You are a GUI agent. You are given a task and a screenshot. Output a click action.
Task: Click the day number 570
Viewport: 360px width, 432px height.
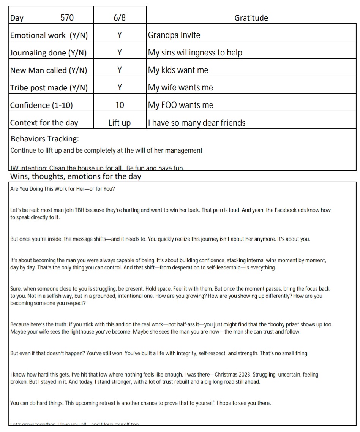pos(67,17)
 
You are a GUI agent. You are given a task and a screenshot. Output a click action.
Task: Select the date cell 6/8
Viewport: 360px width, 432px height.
pos(119,17)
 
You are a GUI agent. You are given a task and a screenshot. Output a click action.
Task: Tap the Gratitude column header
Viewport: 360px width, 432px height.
pos(251,17)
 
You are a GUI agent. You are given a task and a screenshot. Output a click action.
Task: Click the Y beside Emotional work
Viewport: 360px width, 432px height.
pos(119,35)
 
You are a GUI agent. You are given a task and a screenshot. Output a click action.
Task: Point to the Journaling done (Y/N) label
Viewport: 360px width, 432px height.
pos(48,53)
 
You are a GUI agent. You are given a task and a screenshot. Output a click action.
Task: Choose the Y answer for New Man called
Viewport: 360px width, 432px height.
pos(119,70)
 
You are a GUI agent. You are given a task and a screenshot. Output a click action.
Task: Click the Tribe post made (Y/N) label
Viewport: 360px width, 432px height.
pos(49,88)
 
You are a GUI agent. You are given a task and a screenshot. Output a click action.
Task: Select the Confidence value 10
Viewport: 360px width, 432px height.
pos(119,105)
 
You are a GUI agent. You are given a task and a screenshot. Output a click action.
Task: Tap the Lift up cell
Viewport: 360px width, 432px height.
pos(119,123)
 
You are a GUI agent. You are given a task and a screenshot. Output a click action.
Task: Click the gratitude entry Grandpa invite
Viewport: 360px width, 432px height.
pos(174,35)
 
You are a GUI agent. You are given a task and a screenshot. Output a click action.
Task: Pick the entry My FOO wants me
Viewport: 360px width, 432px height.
pos(180,105)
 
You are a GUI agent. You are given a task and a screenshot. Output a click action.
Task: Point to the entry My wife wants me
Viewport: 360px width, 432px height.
pos(180,88)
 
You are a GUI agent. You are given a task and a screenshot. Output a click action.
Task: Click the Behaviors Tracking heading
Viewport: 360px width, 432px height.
pos(45,139)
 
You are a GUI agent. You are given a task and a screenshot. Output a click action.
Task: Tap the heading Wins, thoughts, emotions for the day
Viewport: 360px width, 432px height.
pos(76,176)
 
